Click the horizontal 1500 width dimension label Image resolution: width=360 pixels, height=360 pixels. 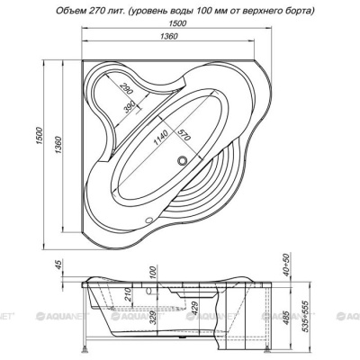click(176, 22)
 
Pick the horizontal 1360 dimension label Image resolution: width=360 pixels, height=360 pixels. click(169, 36)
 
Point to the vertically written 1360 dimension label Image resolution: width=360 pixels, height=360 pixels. click(58, 146)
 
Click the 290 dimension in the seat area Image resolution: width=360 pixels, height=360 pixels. click(126, 88)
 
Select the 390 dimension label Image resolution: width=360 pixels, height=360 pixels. click(130, 105)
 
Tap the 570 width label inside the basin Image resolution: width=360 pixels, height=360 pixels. click(184, 134)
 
